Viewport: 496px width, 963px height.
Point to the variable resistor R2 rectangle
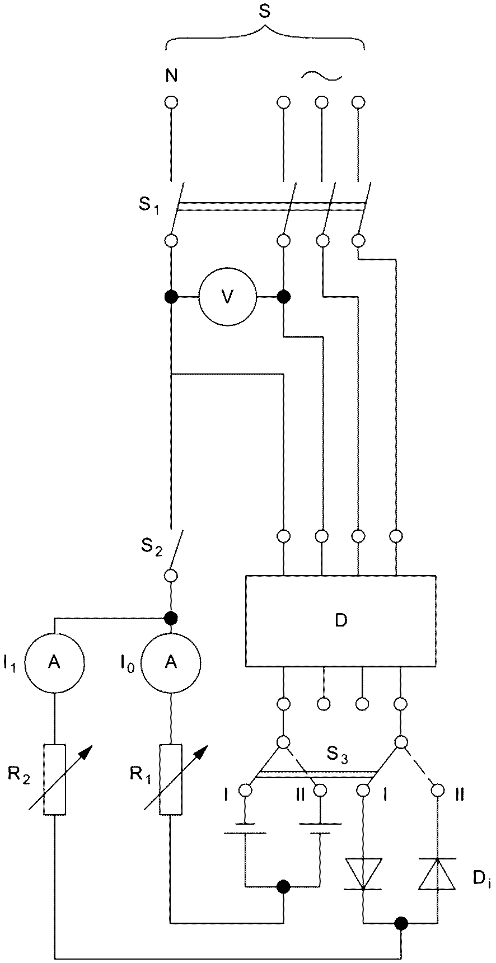click(x=55, y=779)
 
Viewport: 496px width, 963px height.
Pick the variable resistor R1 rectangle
click(x=170, y=779)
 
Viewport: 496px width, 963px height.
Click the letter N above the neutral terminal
click(x=171, y=76)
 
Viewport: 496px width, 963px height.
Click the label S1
click(x=148, y=205)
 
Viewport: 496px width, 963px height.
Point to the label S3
click(x=338, y=758)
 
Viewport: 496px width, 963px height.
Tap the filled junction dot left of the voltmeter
click(x=171, y=296)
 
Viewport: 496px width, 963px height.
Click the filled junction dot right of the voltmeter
click(x=284, y=296)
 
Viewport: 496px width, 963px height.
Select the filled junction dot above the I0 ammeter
click(x=171, y=618)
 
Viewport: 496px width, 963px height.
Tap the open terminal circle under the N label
click(x=171, y=102)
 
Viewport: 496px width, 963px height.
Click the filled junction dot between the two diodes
click(x=400, y=923)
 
